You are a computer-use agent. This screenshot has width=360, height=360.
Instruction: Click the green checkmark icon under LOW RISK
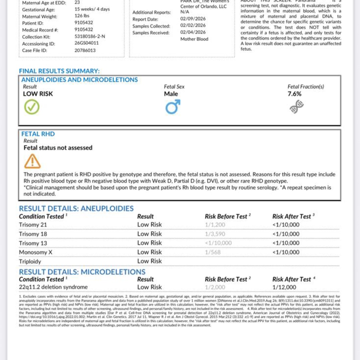point(32,107)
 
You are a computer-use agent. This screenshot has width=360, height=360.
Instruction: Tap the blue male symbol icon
point(173,107)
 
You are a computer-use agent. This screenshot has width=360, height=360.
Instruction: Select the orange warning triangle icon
point(32,162)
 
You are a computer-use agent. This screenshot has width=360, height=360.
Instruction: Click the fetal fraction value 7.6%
point(294,94)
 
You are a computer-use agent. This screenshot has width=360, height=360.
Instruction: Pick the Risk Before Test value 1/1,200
point(215,225)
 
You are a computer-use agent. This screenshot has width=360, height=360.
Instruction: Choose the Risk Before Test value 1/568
point(213,252)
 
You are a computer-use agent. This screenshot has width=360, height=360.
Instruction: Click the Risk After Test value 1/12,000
point(284,287)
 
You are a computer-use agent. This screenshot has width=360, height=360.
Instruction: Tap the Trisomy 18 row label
point(33,234)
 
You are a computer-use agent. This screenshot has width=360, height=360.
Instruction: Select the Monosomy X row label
point(36,252)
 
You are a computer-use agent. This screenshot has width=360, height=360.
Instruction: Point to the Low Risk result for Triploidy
point(149,261)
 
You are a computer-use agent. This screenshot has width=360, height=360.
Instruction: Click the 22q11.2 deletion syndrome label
point(53,287)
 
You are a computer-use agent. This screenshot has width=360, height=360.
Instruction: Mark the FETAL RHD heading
point(38,134)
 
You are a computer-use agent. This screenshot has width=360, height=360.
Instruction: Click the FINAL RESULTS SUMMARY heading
point(59,71)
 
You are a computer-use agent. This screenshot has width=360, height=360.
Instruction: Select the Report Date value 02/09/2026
point(193,19)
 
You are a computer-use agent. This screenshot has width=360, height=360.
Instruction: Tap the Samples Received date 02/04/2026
point(193,32)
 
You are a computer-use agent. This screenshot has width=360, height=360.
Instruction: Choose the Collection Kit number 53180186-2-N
point(90,36)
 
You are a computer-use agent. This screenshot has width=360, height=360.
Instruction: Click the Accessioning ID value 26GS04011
point(87,43)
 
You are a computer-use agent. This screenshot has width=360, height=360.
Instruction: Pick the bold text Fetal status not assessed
point(58,148)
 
